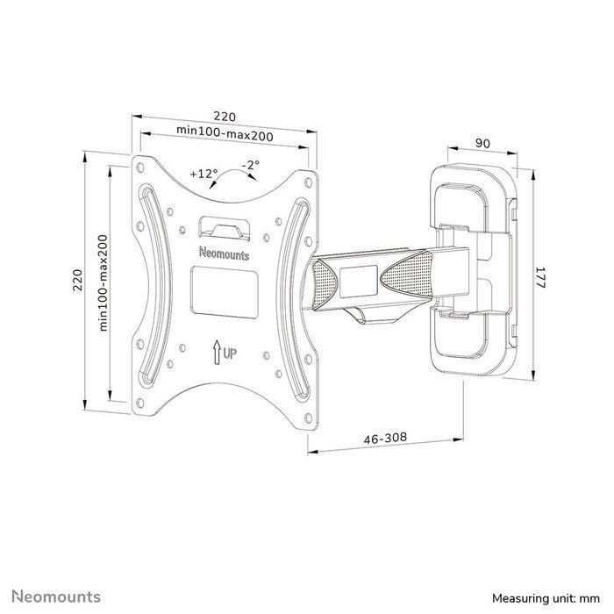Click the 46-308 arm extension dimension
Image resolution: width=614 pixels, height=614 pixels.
pyautogui.click(x=385, y=438)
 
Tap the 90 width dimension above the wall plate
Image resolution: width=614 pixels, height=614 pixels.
pyautogui.click(x=482, y=143)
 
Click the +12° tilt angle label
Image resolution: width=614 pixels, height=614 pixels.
pyautogui.click(x=203, y=175)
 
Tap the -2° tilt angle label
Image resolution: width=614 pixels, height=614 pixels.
pyautogui.click(x=251, y=166)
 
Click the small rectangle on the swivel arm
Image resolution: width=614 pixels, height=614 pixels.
pyautogui.click(x=356, y=278)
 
